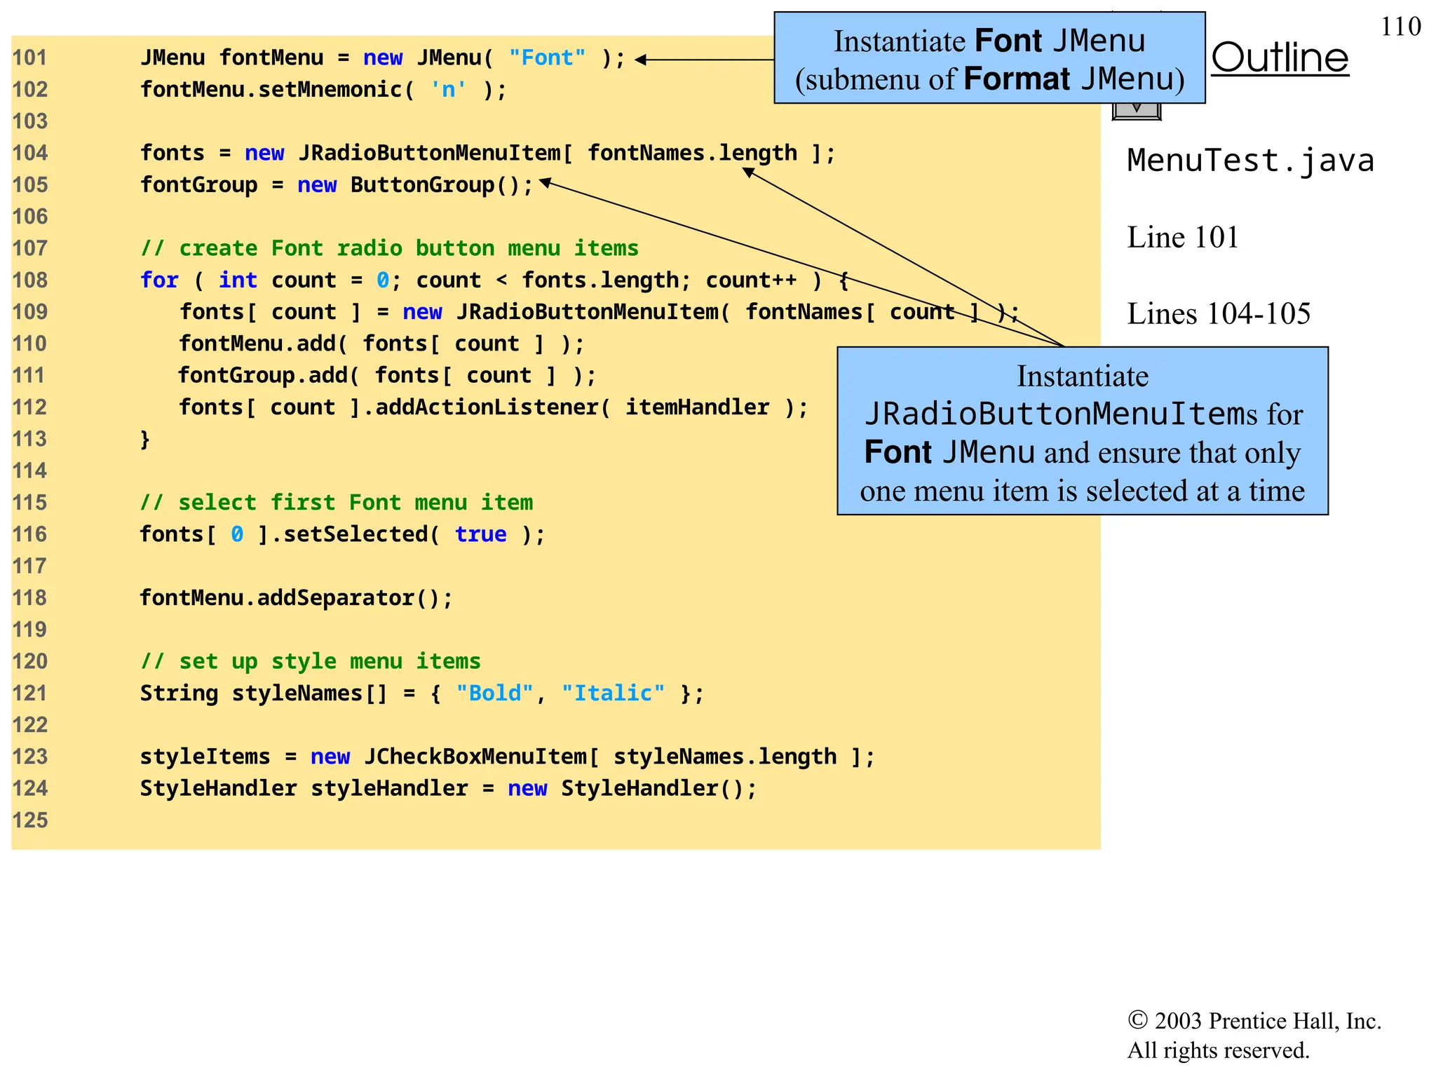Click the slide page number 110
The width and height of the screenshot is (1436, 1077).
tap(1400, 27)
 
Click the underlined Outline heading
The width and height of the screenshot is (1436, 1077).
tap(1280, 57)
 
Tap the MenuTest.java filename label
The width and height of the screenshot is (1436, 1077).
tap(1249, 161)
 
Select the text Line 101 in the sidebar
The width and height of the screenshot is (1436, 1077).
tap(1182, 238)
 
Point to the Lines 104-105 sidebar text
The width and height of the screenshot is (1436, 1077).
tap(1218, 313)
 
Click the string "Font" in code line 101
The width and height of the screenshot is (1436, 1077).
tap(547, 57)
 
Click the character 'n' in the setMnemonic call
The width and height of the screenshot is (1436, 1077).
tap(448, 90)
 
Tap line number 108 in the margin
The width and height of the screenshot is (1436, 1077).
tap(30, 280)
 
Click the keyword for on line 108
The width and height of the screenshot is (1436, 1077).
tap(159, 280)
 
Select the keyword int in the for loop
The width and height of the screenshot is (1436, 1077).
tap(238, 280)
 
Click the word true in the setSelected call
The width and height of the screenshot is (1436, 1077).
tap(480, 534)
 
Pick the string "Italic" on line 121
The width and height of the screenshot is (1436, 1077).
tap(613, 693)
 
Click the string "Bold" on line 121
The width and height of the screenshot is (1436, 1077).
tap(494, 693)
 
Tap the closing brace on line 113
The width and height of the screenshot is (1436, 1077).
tap(145, 439)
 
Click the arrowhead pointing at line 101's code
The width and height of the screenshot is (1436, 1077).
tap(640, 60)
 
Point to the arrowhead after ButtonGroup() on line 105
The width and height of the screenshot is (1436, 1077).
tap(545, 182)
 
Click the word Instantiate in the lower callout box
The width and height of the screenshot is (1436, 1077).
tap(1082, 377)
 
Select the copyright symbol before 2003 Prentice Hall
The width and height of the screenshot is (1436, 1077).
tap(1137, 1020)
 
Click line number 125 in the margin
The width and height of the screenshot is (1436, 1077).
tap(30, 820)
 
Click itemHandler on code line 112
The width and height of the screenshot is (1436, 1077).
tap(697, 407)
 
